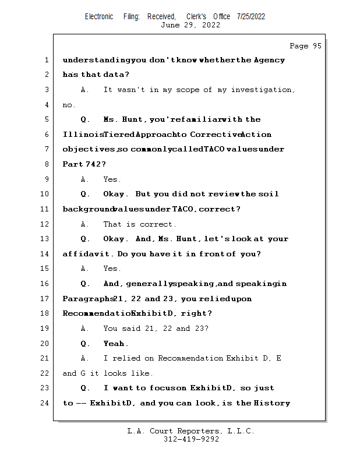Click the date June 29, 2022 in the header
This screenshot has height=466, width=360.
click(190, 25)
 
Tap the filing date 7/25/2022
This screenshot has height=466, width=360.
click(250, 16)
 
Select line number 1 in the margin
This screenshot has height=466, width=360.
click(45, 60)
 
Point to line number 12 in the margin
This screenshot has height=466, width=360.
click(45, 224)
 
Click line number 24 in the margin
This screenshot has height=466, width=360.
click(45, 403)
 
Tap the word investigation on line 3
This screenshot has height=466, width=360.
click(263, 90)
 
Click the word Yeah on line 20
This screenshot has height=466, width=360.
click(115, 344)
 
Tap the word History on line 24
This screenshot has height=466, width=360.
click(272, 403)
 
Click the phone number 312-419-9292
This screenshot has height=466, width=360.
click(192, 439)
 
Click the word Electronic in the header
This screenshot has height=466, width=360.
click(99, 16)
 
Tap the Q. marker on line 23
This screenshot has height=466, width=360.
click(86, 388)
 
